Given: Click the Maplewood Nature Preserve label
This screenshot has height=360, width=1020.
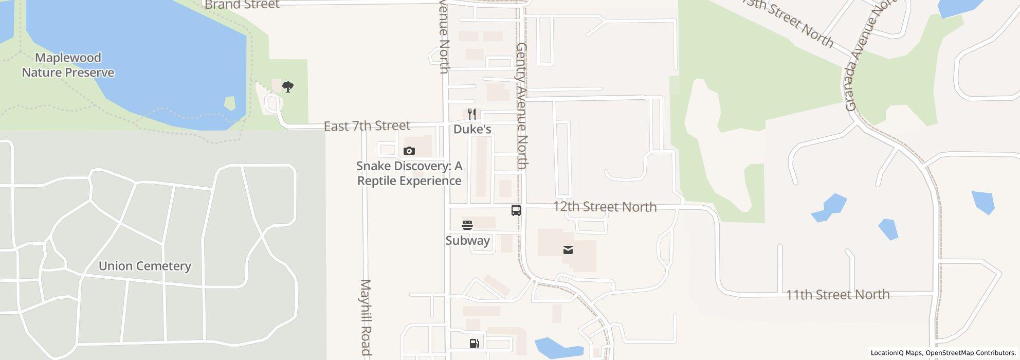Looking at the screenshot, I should [x=68, y=65].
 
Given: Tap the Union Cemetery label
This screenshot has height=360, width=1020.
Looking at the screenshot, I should [x=144, y=266].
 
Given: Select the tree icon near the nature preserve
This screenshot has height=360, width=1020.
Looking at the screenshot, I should [x=288, y=86].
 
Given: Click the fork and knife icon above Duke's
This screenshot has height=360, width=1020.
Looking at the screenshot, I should [x=472, y=114].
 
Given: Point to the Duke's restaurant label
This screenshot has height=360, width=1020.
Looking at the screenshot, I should [x=472, y=129].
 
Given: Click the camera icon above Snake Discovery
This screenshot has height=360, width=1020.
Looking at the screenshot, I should [x=409, y=151].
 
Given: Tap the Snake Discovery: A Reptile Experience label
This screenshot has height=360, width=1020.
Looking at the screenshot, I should [x=409, y=173].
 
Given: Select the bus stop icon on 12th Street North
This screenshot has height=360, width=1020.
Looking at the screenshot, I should [x=516, y=210].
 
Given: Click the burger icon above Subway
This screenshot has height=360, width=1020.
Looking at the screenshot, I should [x=467, y=225].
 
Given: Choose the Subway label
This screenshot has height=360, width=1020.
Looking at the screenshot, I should [x=467, y=241].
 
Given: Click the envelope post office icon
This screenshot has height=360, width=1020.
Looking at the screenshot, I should [x=568, y=250].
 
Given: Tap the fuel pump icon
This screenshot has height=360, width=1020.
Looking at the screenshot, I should [x=475, y=344].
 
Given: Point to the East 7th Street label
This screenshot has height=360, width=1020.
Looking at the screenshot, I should [x=367, y=126].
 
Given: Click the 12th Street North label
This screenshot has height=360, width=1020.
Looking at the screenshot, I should [x=605, y=207].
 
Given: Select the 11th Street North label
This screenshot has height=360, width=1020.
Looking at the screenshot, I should [x=837, y=295].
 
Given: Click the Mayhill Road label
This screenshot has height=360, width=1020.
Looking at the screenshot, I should [x=366, y=317].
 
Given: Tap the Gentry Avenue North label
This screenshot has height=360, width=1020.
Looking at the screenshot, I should [x=522, y=106].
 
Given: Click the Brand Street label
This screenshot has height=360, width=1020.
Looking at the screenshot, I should [x=242, y=5].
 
